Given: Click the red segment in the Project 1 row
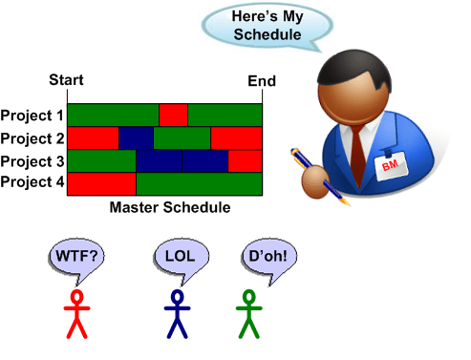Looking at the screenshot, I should [173, 115].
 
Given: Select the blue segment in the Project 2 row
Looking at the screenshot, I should [136, 138].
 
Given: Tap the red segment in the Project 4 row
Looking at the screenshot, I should [103, 182].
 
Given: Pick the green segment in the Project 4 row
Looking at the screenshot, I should [199, 182].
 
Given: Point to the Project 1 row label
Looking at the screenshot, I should [32, 116].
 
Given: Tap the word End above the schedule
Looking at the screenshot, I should [261, 81].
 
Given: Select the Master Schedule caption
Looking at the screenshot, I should [170, 206].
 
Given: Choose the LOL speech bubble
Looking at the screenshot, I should [180, 256].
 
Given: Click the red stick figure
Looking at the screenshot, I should [76, 315].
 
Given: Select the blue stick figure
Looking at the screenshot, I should [177, 315].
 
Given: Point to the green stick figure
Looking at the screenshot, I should [249, 315].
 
